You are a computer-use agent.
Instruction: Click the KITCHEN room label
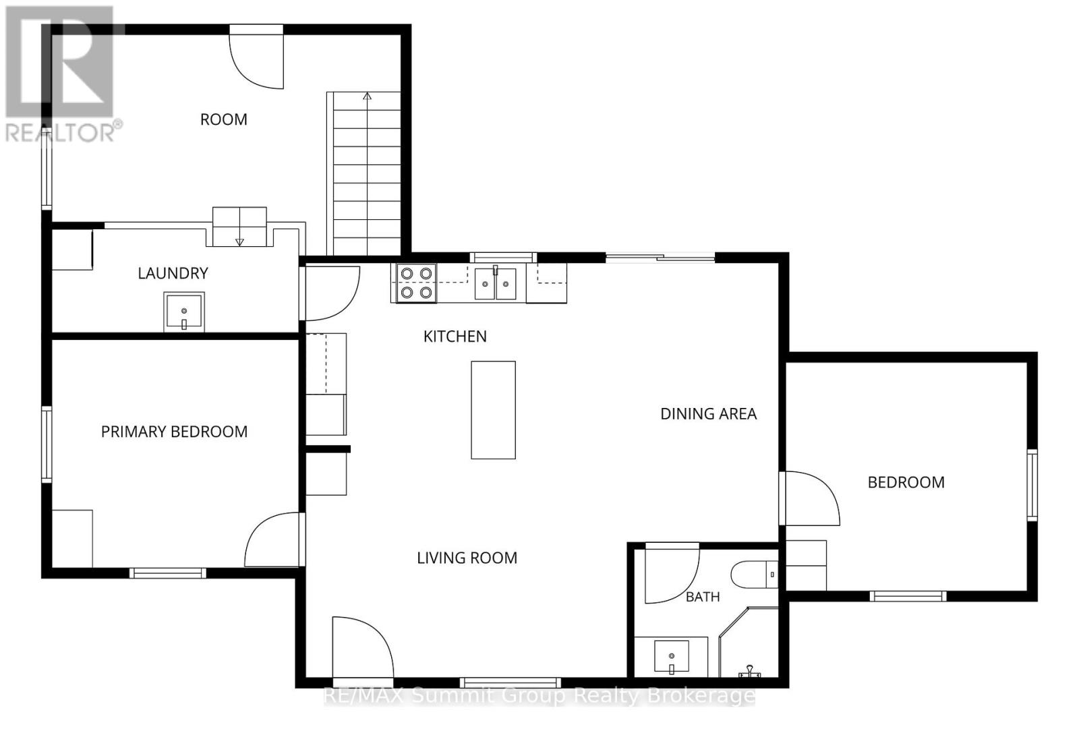tap(455, 336)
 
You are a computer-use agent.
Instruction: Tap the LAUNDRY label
tap(173, 273)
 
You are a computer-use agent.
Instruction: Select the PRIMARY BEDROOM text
tap(175, 432)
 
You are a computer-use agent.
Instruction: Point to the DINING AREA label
tap(709, 414)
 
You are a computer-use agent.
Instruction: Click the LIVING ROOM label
tap(467, 558)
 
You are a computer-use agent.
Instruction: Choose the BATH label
tap(703, 597)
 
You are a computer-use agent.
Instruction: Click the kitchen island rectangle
tap(493, 410)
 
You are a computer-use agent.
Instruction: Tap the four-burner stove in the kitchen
tap(416, 283)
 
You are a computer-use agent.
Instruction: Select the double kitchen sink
tap(495, 284)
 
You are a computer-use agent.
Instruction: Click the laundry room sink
tap(184, 312)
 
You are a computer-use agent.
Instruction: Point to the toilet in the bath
tap(755, 574)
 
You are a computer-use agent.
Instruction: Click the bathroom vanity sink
tap(672, 656)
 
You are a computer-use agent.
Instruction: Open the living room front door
tap(362, 648)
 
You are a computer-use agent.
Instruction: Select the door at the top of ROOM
tap(256, 57)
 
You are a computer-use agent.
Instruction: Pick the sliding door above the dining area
tap(660, 258)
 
